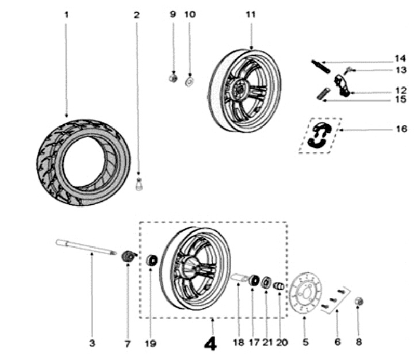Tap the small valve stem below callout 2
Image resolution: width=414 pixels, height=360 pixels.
click(x=138, y=185)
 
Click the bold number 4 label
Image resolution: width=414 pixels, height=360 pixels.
click(x=212, y=343)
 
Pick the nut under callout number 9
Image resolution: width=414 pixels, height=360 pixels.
click(x=172, y=79)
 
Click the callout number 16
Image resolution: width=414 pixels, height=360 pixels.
click(x=401, y=129)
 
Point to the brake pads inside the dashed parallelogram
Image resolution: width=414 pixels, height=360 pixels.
click(x=319, y=136)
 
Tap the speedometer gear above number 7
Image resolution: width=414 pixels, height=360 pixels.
click(x=129, y=256)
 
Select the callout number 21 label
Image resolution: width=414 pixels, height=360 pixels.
click(x=267, y=343)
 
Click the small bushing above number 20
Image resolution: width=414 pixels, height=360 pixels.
click(x=278, y=286)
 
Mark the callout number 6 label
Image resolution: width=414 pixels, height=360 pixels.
click(x=338, y=343)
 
